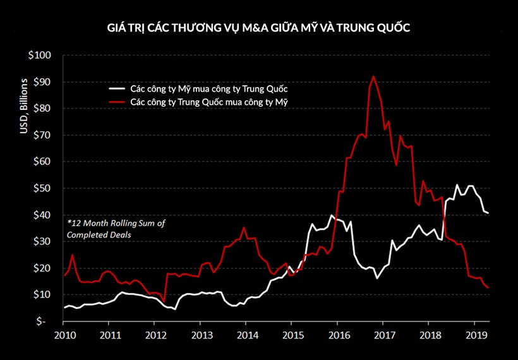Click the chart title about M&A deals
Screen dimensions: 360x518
(x=259, y=28)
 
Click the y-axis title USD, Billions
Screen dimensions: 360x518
(x=24, y=107)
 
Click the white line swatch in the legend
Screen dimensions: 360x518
(x=117, y=89)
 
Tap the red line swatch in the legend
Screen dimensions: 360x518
(x=117, y=101)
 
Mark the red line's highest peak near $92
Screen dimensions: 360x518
(x=373, y=76)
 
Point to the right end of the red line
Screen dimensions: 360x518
(x=488, y=288)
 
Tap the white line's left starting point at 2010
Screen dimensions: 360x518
(x=64, y=308)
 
